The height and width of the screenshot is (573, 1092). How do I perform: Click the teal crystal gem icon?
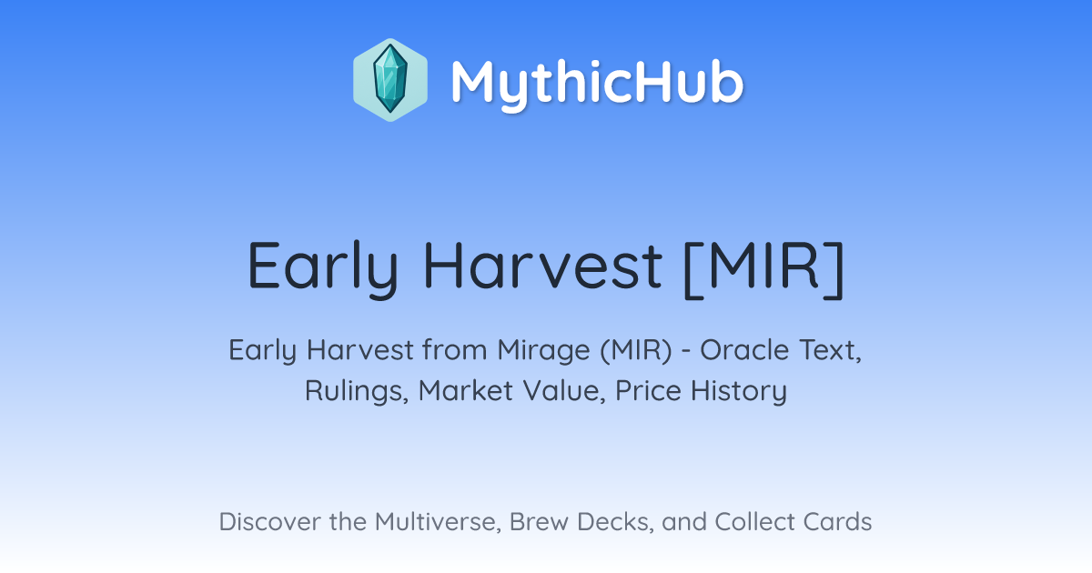[390, 79]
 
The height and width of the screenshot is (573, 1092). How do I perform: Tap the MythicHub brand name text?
[597, 84]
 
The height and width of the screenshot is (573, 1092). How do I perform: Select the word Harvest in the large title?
[542, 266]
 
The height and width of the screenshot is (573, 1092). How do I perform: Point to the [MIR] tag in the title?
[763, 267]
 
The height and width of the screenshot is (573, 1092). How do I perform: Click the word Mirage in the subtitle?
[543, 351]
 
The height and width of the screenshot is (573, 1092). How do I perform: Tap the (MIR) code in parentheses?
[636, 350]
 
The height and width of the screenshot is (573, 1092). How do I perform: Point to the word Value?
[564, 391]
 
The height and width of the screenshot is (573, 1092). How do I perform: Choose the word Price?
[648, 390]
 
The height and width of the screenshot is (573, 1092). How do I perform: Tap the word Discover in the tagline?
[269, 521]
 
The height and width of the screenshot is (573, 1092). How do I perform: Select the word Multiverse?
[438, 521]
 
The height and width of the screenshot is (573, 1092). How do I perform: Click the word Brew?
[539, 521]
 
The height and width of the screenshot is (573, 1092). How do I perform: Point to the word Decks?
[615, 522]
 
